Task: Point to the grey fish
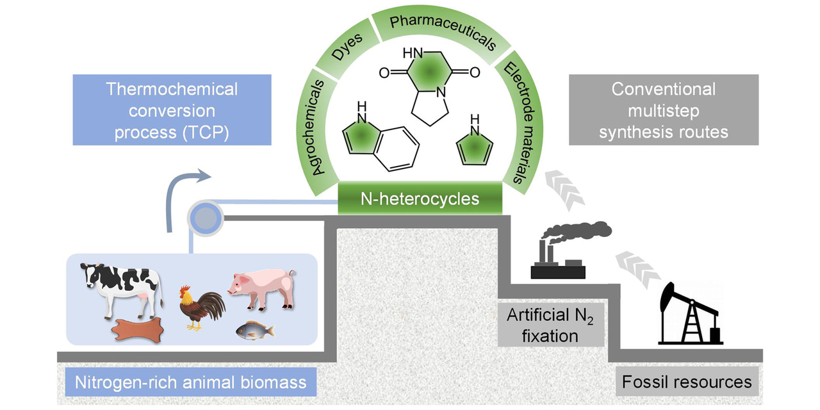(x=254, y=330)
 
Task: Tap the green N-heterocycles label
(x=420, y=198)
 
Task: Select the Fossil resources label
(x=687, y=382)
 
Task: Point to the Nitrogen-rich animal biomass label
(x=190, y=383)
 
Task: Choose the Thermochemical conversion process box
(x=172, y=110)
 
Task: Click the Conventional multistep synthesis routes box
(x=663, y=110)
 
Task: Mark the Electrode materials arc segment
(x=519, y=122)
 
